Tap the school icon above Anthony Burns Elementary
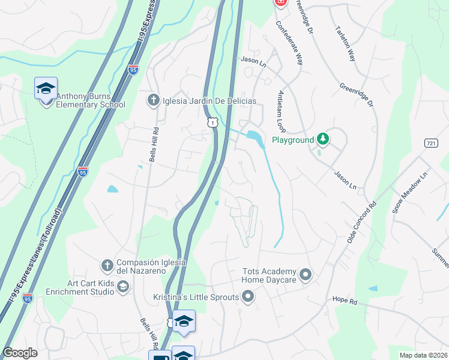pyautogui.click(x=46, y=89)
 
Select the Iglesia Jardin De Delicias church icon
pyautogui.click(x=154, y=100)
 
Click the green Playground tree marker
pyautogui.click(x=324, y=139)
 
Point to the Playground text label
pyautogui.click(x=293, y=140)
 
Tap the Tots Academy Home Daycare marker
pyautogui.click(x=306, y=275)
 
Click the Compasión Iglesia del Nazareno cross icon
pyautogui.click(x=107, y=265)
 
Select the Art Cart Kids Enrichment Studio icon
pyautogui.click(x=122, y=287)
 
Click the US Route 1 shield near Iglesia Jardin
pyautogui.click(x=212, y=122)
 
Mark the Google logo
pyautogui.click(x=20, y=353)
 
